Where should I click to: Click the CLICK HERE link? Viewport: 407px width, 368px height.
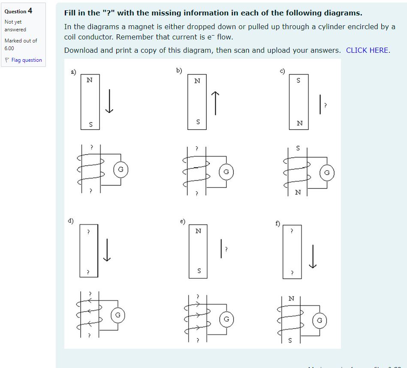(368, 50)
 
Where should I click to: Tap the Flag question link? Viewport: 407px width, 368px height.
(26, 60)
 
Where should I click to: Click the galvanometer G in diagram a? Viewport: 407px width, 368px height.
(121, 169)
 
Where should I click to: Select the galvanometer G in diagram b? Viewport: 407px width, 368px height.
(226, 172)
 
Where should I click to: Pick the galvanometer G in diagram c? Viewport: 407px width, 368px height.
(327, 173)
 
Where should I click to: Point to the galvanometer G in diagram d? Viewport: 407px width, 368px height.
(119, 315)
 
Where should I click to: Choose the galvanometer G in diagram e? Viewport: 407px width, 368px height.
(226, 319)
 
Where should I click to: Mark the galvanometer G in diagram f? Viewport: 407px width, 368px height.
(320, 320)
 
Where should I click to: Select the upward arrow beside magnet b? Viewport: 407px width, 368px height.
(215, 103)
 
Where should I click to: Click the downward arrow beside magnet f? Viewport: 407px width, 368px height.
(314, 256)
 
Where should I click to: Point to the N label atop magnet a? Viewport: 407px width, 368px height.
(89, 79)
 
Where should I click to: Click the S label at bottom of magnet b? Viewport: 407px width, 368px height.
(198, 122)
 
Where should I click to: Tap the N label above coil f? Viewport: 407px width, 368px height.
(291, 298)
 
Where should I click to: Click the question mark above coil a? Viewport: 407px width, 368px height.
(91, 147)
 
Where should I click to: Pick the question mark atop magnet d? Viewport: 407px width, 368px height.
(88, 232)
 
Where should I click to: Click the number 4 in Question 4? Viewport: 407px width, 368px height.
(30, 11)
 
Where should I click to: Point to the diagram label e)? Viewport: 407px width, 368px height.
(182, 221)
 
